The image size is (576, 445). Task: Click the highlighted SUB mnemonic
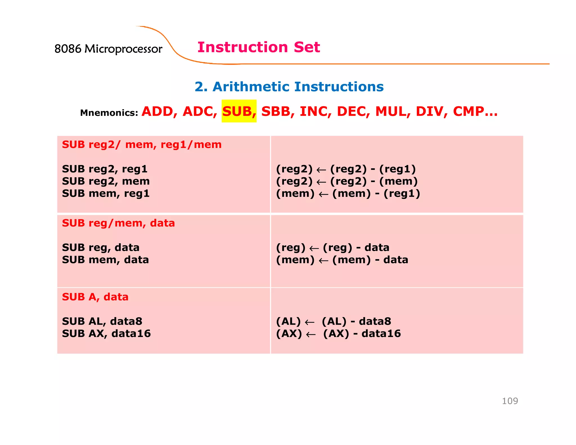coord(239,111)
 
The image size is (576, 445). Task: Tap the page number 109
coord(510,401)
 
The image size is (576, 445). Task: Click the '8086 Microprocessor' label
coord(108,49)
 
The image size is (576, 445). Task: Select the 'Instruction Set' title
coord(258,47)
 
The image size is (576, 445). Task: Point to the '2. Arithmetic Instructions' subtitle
coord(289,87)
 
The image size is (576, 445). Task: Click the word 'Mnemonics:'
coord(109,113)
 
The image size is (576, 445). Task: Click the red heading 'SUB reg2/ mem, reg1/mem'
coord(142,145)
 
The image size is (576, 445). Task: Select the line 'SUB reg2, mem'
coord(106,181)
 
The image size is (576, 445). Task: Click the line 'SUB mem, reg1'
coord(106,194)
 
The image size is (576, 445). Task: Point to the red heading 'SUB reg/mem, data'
coord(118,223)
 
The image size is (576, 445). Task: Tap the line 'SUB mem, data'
coord(105,260)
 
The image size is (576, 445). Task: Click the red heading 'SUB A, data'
coord(95,297)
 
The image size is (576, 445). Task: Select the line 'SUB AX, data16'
coord(106,334)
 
